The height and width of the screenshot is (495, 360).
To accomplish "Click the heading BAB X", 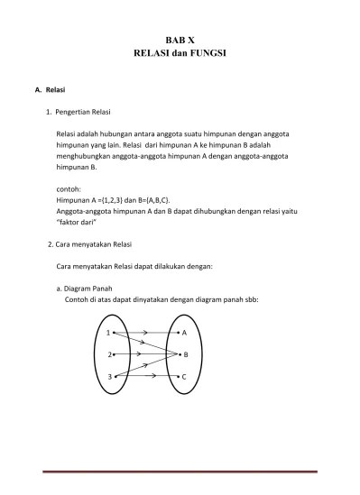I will [180, 41].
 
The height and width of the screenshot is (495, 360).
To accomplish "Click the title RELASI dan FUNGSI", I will [180, 55].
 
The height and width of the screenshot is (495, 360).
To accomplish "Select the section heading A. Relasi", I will [49, 90].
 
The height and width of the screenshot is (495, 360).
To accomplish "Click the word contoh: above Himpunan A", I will [69, 189].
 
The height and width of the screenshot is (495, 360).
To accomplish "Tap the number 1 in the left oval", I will [108, 333].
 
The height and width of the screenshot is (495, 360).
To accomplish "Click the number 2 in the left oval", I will [108, 354].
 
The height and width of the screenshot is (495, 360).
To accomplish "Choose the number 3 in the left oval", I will [108, 376].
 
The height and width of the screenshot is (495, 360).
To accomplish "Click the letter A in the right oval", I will [184, 333].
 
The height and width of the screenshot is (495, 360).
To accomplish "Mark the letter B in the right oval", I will [185, 354].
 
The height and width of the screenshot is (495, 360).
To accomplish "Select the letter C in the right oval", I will [184, 376].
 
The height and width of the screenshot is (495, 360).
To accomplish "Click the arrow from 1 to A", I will [144, 333].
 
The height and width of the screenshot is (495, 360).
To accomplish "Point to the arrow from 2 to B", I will [144, 354].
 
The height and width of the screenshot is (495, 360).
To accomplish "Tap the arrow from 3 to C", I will [144, 376].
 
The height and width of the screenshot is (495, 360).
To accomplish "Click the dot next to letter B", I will [176, 354].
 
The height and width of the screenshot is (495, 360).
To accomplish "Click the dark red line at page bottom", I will [180, 472].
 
